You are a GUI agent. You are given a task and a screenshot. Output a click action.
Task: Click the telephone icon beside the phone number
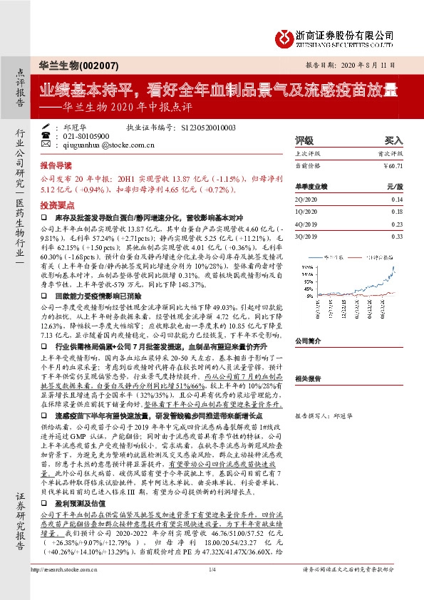[46, 135]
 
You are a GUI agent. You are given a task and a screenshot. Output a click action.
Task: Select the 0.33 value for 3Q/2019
[397, 235]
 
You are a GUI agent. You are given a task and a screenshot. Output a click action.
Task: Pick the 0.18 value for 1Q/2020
[397, 212]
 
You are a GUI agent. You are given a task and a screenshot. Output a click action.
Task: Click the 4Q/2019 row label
[304, 224]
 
